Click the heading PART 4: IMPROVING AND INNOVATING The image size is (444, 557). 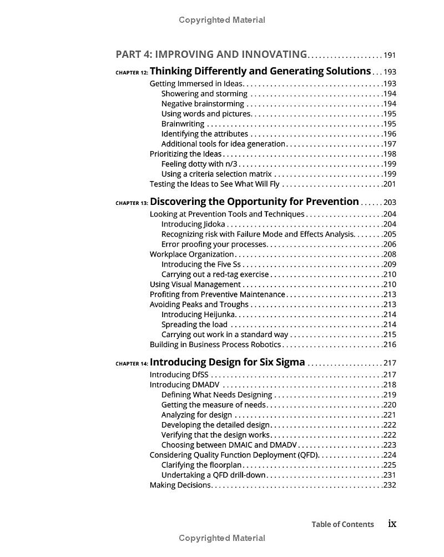[x=211, y=54]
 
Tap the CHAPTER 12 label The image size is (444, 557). [x=132, y=72]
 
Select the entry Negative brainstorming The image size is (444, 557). [x=203, y=104]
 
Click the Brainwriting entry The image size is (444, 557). [x=183, y=124]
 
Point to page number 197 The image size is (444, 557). [x=390, y=144]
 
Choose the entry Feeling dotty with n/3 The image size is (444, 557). [x=199, y=164]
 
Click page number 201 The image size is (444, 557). [x=390, y=184]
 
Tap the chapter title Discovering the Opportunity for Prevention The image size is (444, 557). [x=254, y=202]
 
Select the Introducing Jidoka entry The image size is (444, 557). [x=193, y=224]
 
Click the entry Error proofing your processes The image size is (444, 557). [x=214, y=244]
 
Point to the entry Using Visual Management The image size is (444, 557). [x=195, y=284]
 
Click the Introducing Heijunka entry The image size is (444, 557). [x=198, y=314]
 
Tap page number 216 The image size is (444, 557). [x=390, y=345]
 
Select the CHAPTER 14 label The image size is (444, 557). [x=132, y=364]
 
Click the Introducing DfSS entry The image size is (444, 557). [x=171, y=375]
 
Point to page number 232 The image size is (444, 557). [x=390, y=485]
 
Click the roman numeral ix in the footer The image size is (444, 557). [x=392, y=524]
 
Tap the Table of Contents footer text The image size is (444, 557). [x=342, y=524]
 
